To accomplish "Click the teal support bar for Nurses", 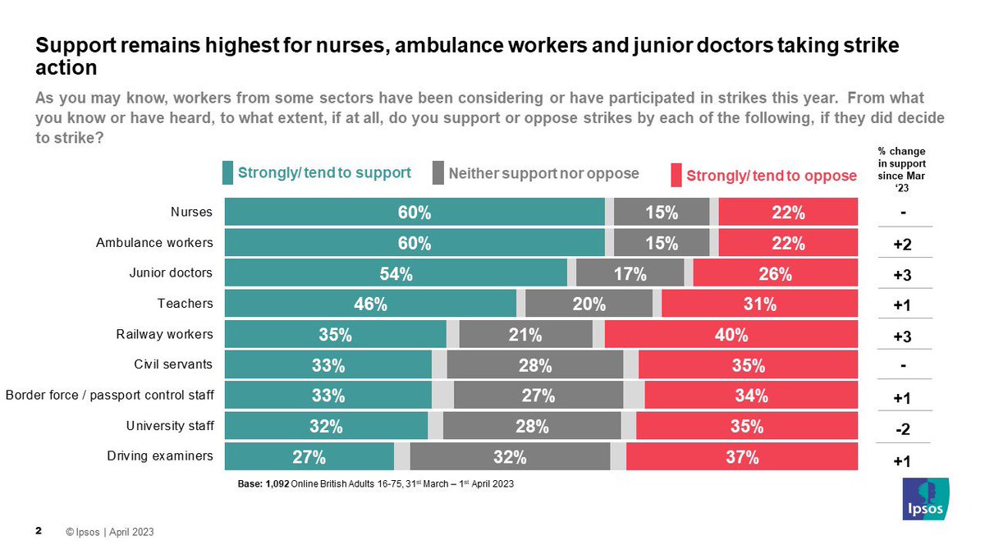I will click(x=415, y=213).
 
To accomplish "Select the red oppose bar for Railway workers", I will click(x=731, y=335).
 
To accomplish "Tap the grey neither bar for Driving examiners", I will click(x=510, y=457).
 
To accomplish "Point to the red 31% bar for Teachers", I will click(x=759, y=304).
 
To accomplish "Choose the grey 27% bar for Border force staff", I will click(x=538, y=396).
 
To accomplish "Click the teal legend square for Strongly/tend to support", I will click(x=228, y=173).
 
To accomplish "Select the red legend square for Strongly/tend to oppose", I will click(x=676, y=175).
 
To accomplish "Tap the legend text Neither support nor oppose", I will click(x=543, y=173).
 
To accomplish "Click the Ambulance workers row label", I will click(x=154, y=243).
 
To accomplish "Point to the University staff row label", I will click(x=169, y=425).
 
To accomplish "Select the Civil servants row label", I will click(x=173, y=364).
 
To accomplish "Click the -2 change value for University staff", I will click(x=903, y=428).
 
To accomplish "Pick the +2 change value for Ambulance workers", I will click(x=903, y=245).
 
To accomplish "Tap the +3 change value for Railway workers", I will click(x=903, y=337).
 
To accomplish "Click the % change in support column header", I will click(x=903, y=168).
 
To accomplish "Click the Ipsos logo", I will click(x=925, y=498).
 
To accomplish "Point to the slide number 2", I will click(x=39, y=532).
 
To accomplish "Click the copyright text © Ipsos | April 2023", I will click(x=109, y=533).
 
